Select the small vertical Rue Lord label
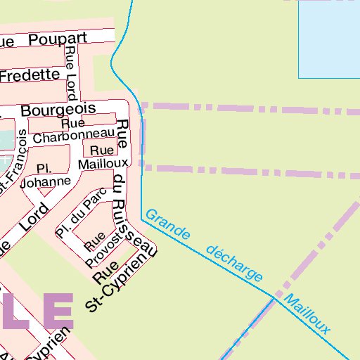(x=70, y=67)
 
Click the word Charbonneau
(x=75, y=134)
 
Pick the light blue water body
(x=329, y=39)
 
